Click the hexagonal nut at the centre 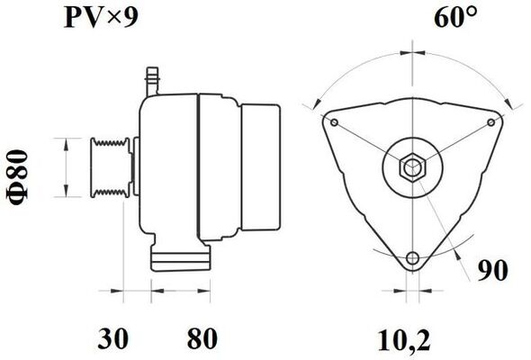point(412,167)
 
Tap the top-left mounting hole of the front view point(335,122)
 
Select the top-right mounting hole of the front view point(490,122)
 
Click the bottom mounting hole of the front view point(412,257)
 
